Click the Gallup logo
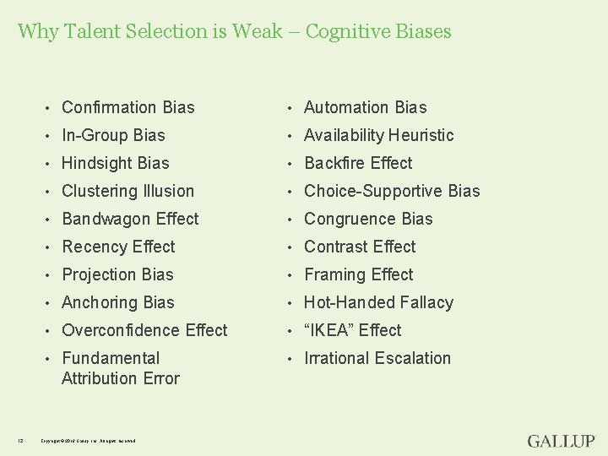point(561,441)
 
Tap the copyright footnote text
point(88,440)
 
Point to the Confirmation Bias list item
point(128,107)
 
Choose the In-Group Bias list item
point(113,135)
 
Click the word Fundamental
point(111,358)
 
